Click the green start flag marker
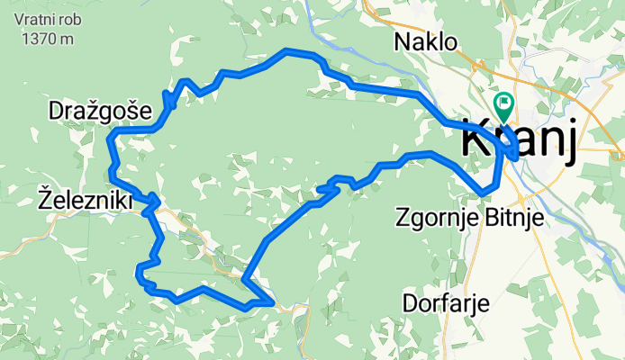503,105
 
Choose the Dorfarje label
447,302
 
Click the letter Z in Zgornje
401,217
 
